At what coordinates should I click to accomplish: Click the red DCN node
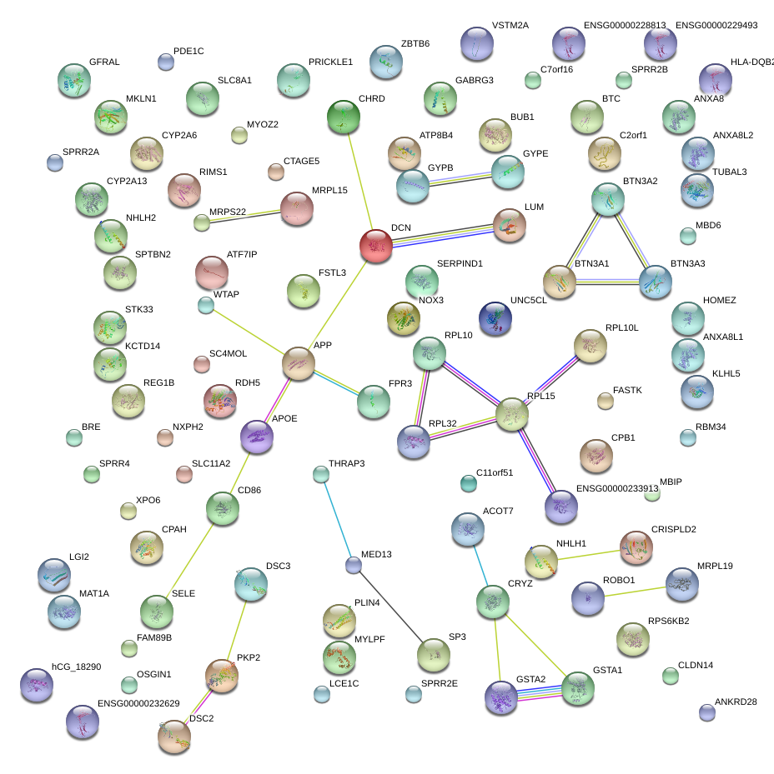376,247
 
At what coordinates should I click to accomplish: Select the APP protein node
299,364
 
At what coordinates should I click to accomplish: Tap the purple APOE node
256,437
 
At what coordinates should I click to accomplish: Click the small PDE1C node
166,61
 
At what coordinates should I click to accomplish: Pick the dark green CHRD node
344,117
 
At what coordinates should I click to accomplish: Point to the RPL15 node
512,414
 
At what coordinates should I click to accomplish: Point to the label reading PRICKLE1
330,62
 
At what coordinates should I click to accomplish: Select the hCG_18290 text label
76,667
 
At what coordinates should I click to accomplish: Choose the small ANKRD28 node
707,712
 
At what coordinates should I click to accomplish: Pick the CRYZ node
492,601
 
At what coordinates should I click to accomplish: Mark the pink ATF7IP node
212,272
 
